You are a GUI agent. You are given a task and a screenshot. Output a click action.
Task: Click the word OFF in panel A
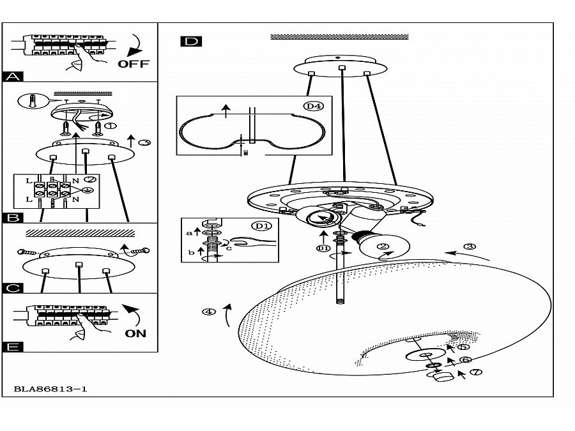pyautogui.click(x=133, y=63)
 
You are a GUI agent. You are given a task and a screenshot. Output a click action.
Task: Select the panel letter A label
pyautogui.click(x=13, y=77)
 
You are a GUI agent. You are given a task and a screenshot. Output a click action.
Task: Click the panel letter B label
pyautogui.click(x=13, y=218)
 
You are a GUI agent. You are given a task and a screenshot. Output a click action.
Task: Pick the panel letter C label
pyautogui.click(x=13, y=288)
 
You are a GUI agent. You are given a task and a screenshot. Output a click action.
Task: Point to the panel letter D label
pyautogui.click(x=190, y=42)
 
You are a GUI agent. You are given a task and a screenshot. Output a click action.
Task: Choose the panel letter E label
pyautogui.click(x=13, y=347)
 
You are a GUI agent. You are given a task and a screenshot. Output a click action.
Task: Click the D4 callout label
pyautogui.click(x=312, y=106)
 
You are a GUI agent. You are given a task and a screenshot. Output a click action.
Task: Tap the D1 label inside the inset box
pyautogui.click(x=261, y=226)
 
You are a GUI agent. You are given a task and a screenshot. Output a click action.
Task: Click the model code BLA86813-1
pyautogui.click(x=50, y=388)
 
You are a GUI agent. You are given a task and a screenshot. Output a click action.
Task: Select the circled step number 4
pyautogui.click(x=208, y=312)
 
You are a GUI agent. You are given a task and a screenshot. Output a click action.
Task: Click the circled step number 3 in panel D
pyautogui.click(x=470, y=246)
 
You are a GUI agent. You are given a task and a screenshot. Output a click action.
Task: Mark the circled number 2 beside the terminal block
pyautogui.click(x=89, y=180)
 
